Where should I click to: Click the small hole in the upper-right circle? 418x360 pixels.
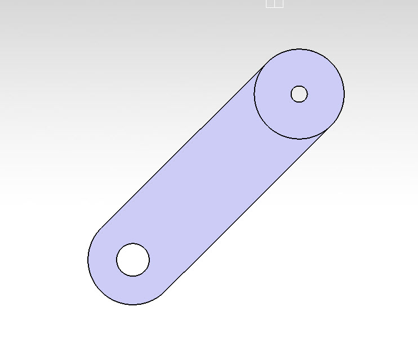pos(299,94)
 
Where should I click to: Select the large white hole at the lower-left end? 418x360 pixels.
pos(133,260)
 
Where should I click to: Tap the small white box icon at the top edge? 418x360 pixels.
pos(274,3)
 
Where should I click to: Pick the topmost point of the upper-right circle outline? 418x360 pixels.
pos(299,49)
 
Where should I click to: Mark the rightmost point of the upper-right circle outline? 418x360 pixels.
pos(344,94)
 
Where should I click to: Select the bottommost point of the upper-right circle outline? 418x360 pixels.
pos(299,139)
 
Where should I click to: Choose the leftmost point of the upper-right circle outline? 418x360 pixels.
pos(254,94)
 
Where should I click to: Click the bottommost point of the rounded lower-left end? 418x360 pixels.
pos(133,305)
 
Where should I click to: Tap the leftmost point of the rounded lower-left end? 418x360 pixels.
pos(88,260)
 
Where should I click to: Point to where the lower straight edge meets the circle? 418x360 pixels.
pos(331,126)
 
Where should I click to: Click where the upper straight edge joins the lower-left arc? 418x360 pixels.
pos(101,228)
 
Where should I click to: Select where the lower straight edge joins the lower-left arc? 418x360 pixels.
pos(164,292)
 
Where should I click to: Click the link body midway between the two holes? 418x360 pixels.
pos(216,177)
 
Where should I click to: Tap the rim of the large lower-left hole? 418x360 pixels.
pos(149,260)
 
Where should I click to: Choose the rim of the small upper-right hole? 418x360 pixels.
pos(307,94)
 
